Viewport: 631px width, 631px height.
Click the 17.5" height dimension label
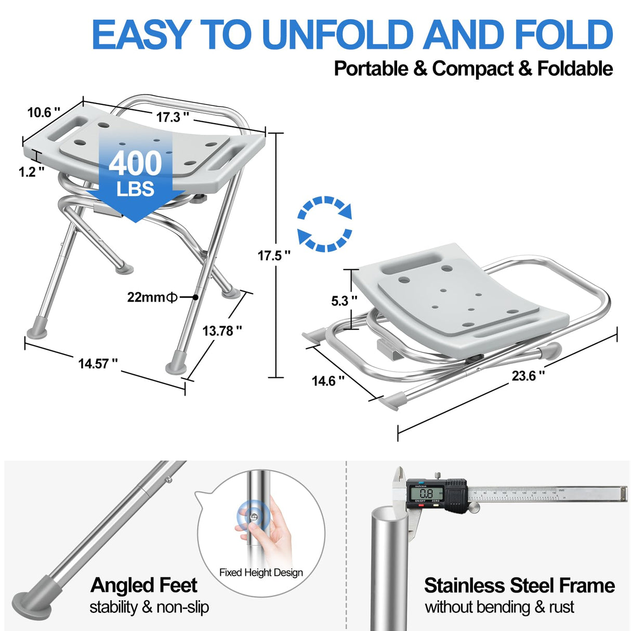[x=274, y=255]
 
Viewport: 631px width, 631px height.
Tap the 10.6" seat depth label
[x=44, y=112]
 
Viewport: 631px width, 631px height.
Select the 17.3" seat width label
[x=173, y=117]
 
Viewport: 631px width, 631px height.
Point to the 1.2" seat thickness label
[x=31, y=172]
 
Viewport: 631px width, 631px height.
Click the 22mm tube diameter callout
[x=153, y=297]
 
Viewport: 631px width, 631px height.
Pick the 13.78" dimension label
[x=222, y=331]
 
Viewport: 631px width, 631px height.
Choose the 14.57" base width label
[x=98, y=363]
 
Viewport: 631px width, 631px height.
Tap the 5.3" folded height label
[x=344, y=301]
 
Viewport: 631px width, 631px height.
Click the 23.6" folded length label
[x=528, y=375]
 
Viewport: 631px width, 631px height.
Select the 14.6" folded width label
[x=328, y=381]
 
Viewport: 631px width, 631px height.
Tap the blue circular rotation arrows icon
[x=325, y=224]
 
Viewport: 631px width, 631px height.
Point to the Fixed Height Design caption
[x=261, y=572]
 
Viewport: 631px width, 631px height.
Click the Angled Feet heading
[x=143, y=585]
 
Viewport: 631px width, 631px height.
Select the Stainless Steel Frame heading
[x=519, y=585]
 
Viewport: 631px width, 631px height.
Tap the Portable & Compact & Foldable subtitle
[x=473, y=69]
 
